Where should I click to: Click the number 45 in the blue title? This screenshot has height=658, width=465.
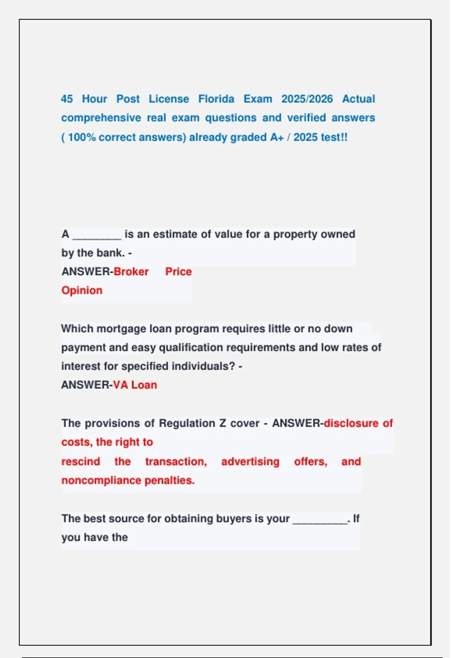[x=67, y=99]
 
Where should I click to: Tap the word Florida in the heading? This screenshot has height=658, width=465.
[x=216, y=99]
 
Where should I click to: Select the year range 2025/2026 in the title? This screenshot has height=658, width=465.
[x=307, y=99]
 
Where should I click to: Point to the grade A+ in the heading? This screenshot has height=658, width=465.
[x=277, y=137]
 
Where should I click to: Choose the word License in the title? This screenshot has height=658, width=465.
[x=169, y=99]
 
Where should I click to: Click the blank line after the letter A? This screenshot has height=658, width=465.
[x=97, y=237]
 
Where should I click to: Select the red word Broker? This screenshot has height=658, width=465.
[x=131, y=272]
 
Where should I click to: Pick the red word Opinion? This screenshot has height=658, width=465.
[x=82, y=290]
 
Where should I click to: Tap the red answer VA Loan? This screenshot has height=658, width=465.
[x=135, y=385]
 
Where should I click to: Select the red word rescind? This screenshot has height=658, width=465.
[x=81, y=461]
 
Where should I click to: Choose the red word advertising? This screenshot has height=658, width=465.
[x=250, y=461]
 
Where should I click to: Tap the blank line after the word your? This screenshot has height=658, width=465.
[x=320, y=521]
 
